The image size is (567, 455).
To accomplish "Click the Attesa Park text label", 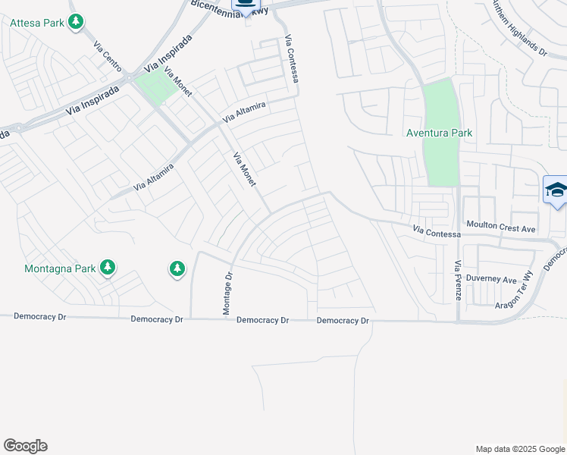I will (x=37, y=23).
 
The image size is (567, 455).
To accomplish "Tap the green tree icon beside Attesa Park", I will (x=75, y=22).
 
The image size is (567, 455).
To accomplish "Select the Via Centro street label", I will (x=108, y=57).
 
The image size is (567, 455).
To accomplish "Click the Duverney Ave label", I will (x=490, y=279).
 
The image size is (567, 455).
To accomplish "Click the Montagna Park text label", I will (x=60, y=268).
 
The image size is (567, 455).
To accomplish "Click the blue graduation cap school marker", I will (x=556, y=190).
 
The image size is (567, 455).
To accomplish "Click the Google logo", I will (x=25, y=446).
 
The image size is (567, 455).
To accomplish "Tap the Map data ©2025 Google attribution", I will (x=519, y=449).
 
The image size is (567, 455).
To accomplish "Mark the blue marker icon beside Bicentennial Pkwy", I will (x=246, y=5).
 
